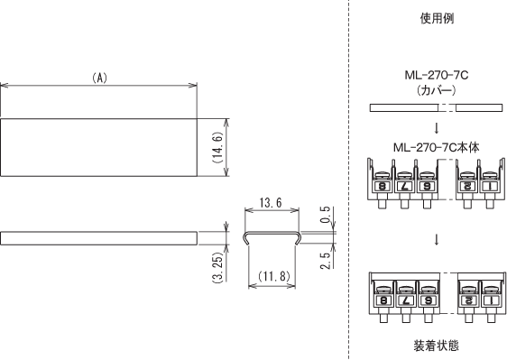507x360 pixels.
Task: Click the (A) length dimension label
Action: click(100, 78)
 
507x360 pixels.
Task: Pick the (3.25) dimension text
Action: click(217, 266)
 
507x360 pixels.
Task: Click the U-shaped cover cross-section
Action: click(272, 237)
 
